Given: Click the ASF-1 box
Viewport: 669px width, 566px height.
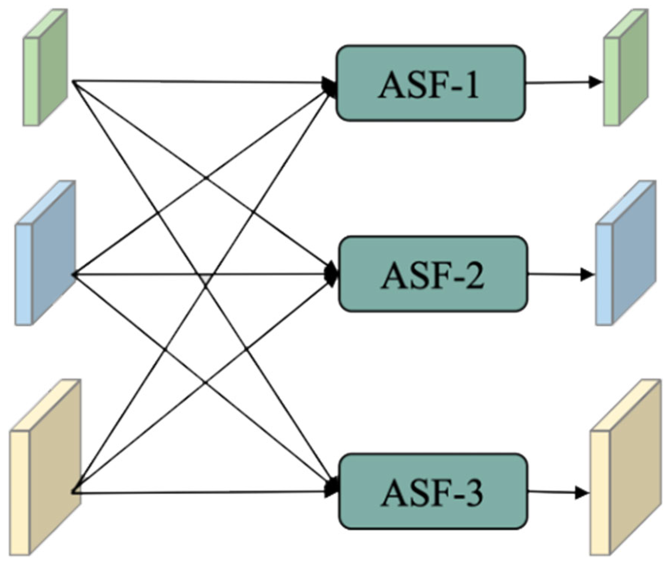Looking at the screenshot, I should tap(430, 83).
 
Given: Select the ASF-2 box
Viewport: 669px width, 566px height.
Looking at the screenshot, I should tap(433, 274).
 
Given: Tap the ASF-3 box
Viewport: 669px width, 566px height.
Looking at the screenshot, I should tap(433, 491).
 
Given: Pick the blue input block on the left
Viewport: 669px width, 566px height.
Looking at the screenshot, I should tap(46, 253).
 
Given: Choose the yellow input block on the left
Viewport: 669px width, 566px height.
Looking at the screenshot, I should tap(46, 467).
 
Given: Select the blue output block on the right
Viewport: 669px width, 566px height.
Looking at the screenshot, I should tap(626, 253).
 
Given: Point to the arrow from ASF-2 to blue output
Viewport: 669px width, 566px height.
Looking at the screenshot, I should tap(559, 275).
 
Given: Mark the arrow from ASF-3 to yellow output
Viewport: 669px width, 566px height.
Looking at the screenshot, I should tap(557, 493).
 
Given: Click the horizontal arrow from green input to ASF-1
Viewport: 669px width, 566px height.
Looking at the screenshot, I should tap(200, 82).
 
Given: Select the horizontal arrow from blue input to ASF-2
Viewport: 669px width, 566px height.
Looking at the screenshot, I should tap(200, 275).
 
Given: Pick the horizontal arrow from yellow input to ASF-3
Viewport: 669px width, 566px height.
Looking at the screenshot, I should tap(200, 493).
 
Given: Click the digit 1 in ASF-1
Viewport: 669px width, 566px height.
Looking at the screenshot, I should tap(471, 85).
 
